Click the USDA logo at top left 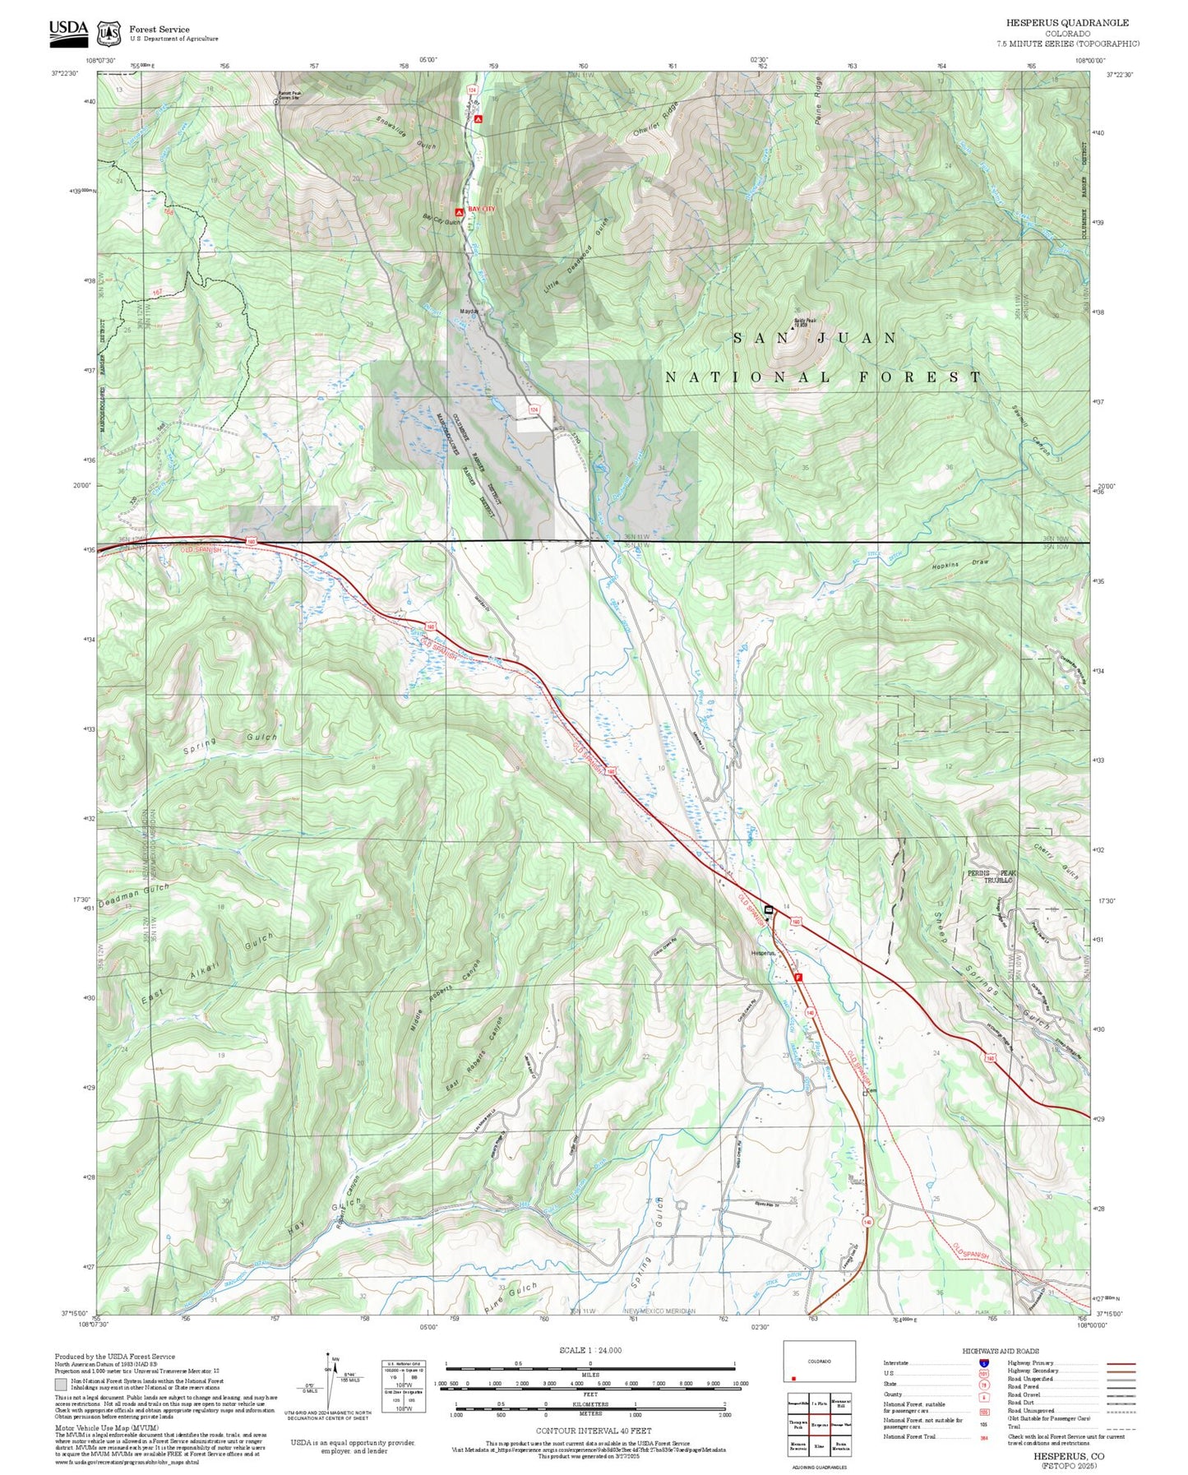point(67,31)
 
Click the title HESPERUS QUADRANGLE point(1067,23)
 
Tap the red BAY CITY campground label point(481,210)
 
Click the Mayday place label point(469,312)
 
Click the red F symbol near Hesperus point(797,977)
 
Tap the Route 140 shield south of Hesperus point(810,1012)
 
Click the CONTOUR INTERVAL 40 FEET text point(594,1431)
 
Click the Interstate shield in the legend point(983,1363)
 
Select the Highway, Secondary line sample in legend point(1121,1371)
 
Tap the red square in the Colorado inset point(793,1379)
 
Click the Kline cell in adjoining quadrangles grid point(819,1445)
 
